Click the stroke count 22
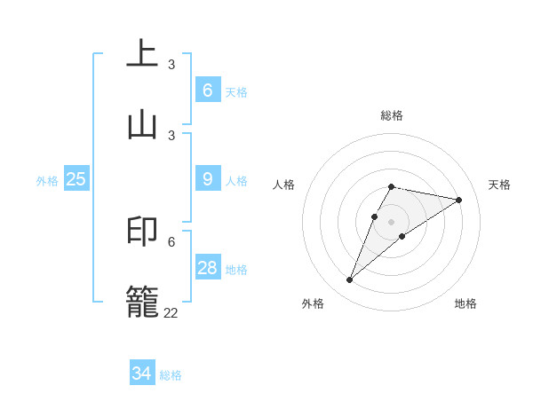(171, 312)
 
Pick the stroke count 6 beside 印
(171, 241)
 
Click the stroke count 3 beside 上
(171, 65)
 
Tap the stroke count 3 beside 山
(171, 135)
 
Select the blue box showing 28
(208, 268)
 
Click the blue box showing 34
(142, 374)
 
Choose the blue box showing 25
(76, 179)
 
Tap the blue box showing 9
(208, 179)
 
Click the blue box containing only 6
(208, 90)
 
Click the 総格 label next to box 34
(171, 375)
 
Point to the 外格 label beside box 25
(47, 181)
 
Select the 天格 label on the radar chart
(499, 185)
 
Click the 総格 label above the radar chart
(392, 115)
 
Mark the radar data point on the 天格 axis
(459, 200)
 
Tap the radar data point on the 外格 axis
(349, 280)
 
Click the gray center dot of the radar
(392, 222)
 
